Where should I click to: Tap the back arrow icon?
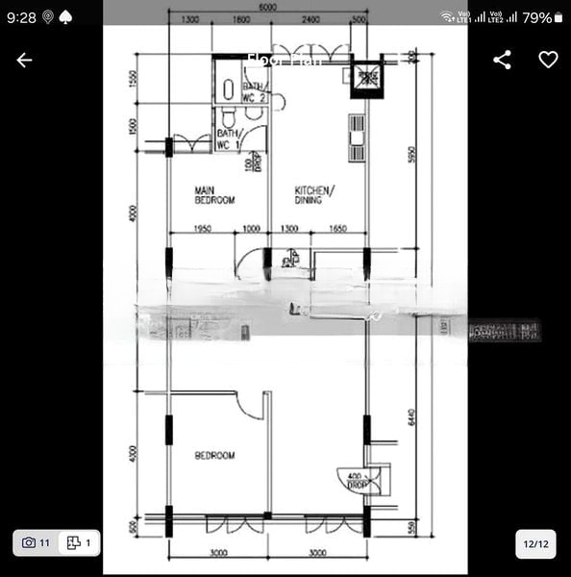tap(24, 60)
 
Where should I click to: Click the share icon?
tap(502, 60)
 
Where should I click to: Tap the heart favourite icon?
tap(548, 60)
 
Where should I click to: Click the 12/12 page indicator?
tap(535, 543)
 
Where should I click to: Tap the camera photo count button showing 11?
tap(36, 543)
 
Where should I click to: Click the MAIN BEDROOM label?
tap(215, 195)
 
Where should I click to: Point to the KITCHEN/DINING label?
tap(314, 195)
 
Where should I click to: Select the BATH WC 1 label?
tap(228, 139)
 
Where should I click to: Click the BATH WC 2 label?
tap(255, 92)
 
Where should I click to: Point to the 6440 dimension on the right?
tap(410, 416)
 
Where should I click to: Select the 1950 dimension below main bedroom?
tap(202, 228)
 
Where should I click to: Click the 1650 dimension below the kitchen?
tap(336, 228)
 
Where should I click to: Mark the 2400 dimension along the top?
tap(310, 19)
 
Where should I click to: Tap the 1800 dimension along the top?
tap(240, 19)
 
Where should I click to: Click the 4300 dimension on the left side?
tap(134, 452)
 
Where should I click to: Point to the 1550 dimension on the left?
tap(134, 78)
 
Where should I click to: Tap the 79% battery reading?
tap(537, 17)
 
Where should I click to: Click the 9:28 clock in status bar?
tap(21, 17)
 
